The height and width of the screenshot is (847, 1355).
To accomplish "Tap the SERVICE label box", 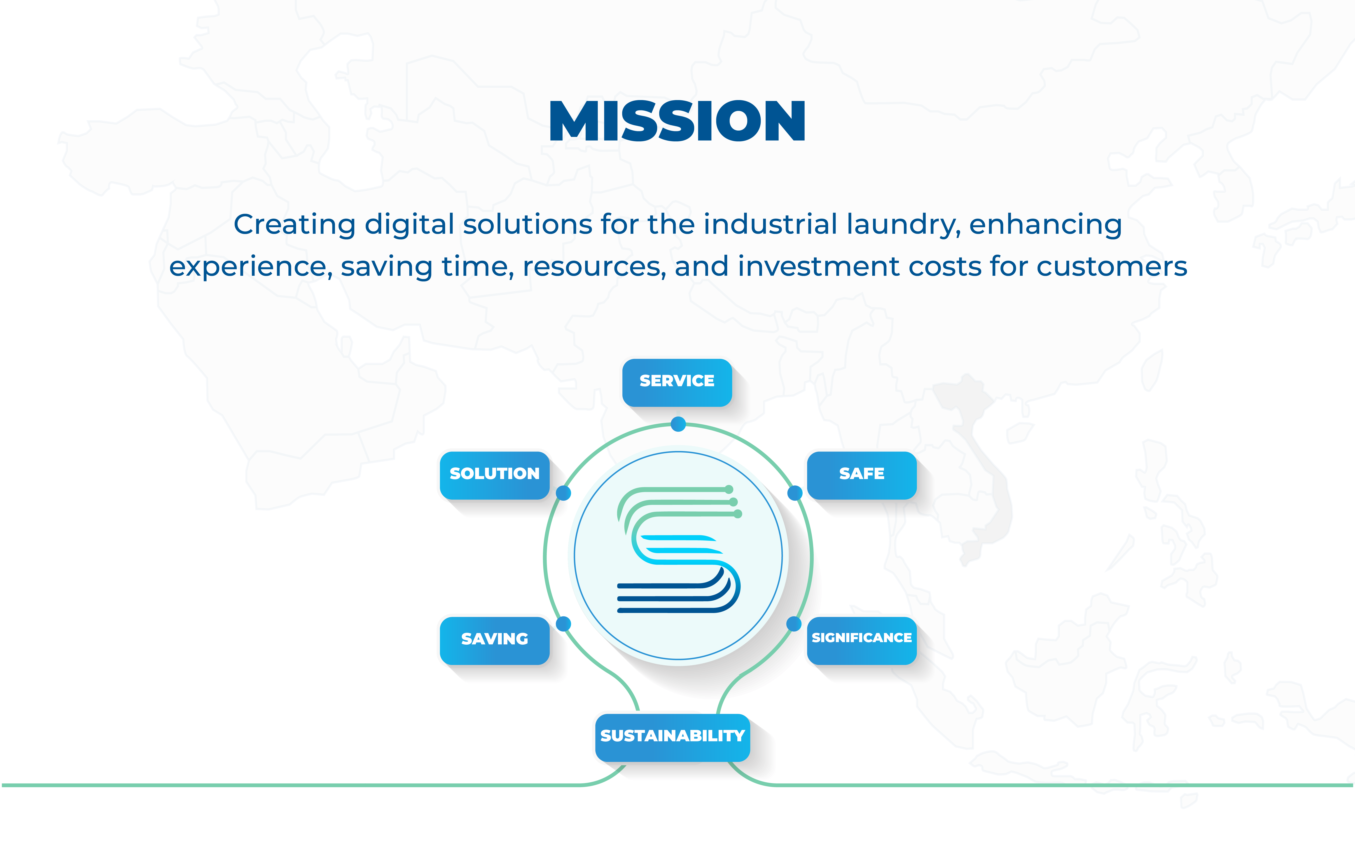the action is [677, 383].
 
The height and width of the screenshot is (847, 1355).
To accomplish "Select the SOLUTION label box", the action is [494, 475].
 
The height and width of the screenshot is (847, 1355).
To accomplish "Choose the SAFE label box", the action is [862, 475].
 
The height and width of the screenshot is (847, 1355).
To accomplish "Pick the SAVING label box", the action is [494, 640].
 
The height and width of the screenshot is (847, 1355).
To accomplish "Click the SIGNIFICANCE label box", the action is [862, 640].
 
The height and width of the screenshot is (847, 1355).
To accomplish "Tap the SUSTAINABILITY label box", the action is [673, 737].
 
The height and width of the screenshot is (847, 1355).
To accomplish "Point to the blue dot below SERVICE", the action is [678, 424].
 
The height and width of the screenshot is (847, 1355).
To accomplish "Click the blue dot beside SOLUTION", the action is [563, 493].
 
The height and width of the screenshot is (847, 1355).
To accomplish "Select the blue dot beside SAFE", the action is [794, 493].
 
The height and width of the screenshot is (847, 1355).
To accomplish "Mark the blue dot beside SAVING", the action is [563, 623].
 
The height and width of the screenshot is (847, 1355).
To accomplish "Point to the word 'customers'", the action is [1111, 267].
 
